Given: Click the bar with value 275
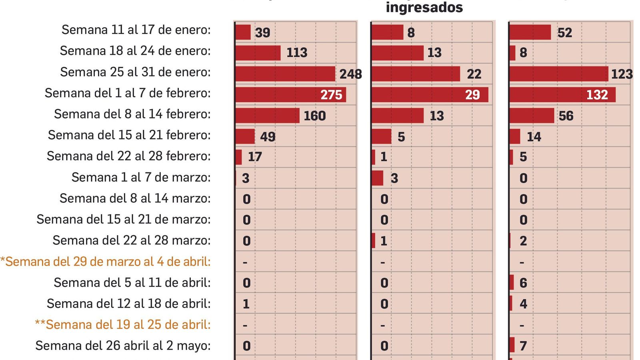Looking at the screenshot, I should point(290,95).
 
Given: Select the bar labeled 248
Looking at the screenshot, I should point(285,74).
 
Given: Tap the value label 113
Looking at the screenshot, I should point(297,52).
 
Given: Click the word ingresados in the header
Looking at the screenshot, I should point(424,7).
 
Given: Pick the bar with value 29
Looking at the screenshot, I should point(430,95).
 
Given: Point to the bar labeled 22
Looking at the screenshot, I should point(416,74).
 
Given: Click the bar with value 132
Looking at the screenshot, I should point(562,95).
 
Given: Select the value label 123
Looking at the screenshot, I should point(622,74).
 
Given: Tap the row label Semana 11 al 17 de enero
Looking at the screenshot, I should point(136,30).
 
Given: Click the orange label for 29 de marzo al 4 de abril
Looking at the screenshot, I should point(106,262).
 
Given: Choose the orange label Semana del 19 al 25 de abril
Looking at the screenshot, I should point(123,324).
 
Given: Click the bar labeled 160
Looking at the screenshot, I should point(267,116).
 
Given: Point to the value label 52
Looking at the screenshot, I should point(564,32).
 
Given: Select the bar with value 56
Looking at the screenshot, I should point(532,116).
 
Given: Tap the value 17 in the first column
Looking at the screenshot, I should point(255,157).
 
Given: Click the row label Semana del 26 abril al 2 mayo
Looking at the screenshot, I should point(123,346).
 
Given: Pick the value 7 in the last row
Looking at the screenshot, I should point(523,346).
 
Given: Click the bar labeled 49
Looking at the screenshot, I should point(245,136).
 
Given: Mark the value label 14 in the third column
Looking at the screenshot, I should point(534,137).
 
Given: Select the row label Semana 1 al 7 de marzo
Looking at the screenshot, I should point(141,177).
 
